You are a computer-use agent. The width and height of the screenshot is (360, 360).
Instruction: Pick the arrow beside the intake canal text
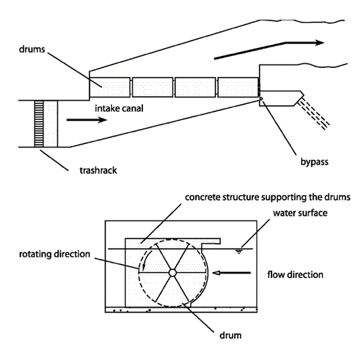point(86,121)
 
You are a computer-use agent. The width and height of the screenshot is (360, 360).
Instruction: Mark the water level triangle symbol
point(245,251)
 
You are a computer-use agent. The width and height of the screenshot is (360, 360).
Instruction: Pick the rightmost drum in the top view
point(238,87)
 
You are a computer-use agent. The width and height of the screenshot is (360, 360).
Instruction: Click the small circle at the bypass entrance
point(261,98)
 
